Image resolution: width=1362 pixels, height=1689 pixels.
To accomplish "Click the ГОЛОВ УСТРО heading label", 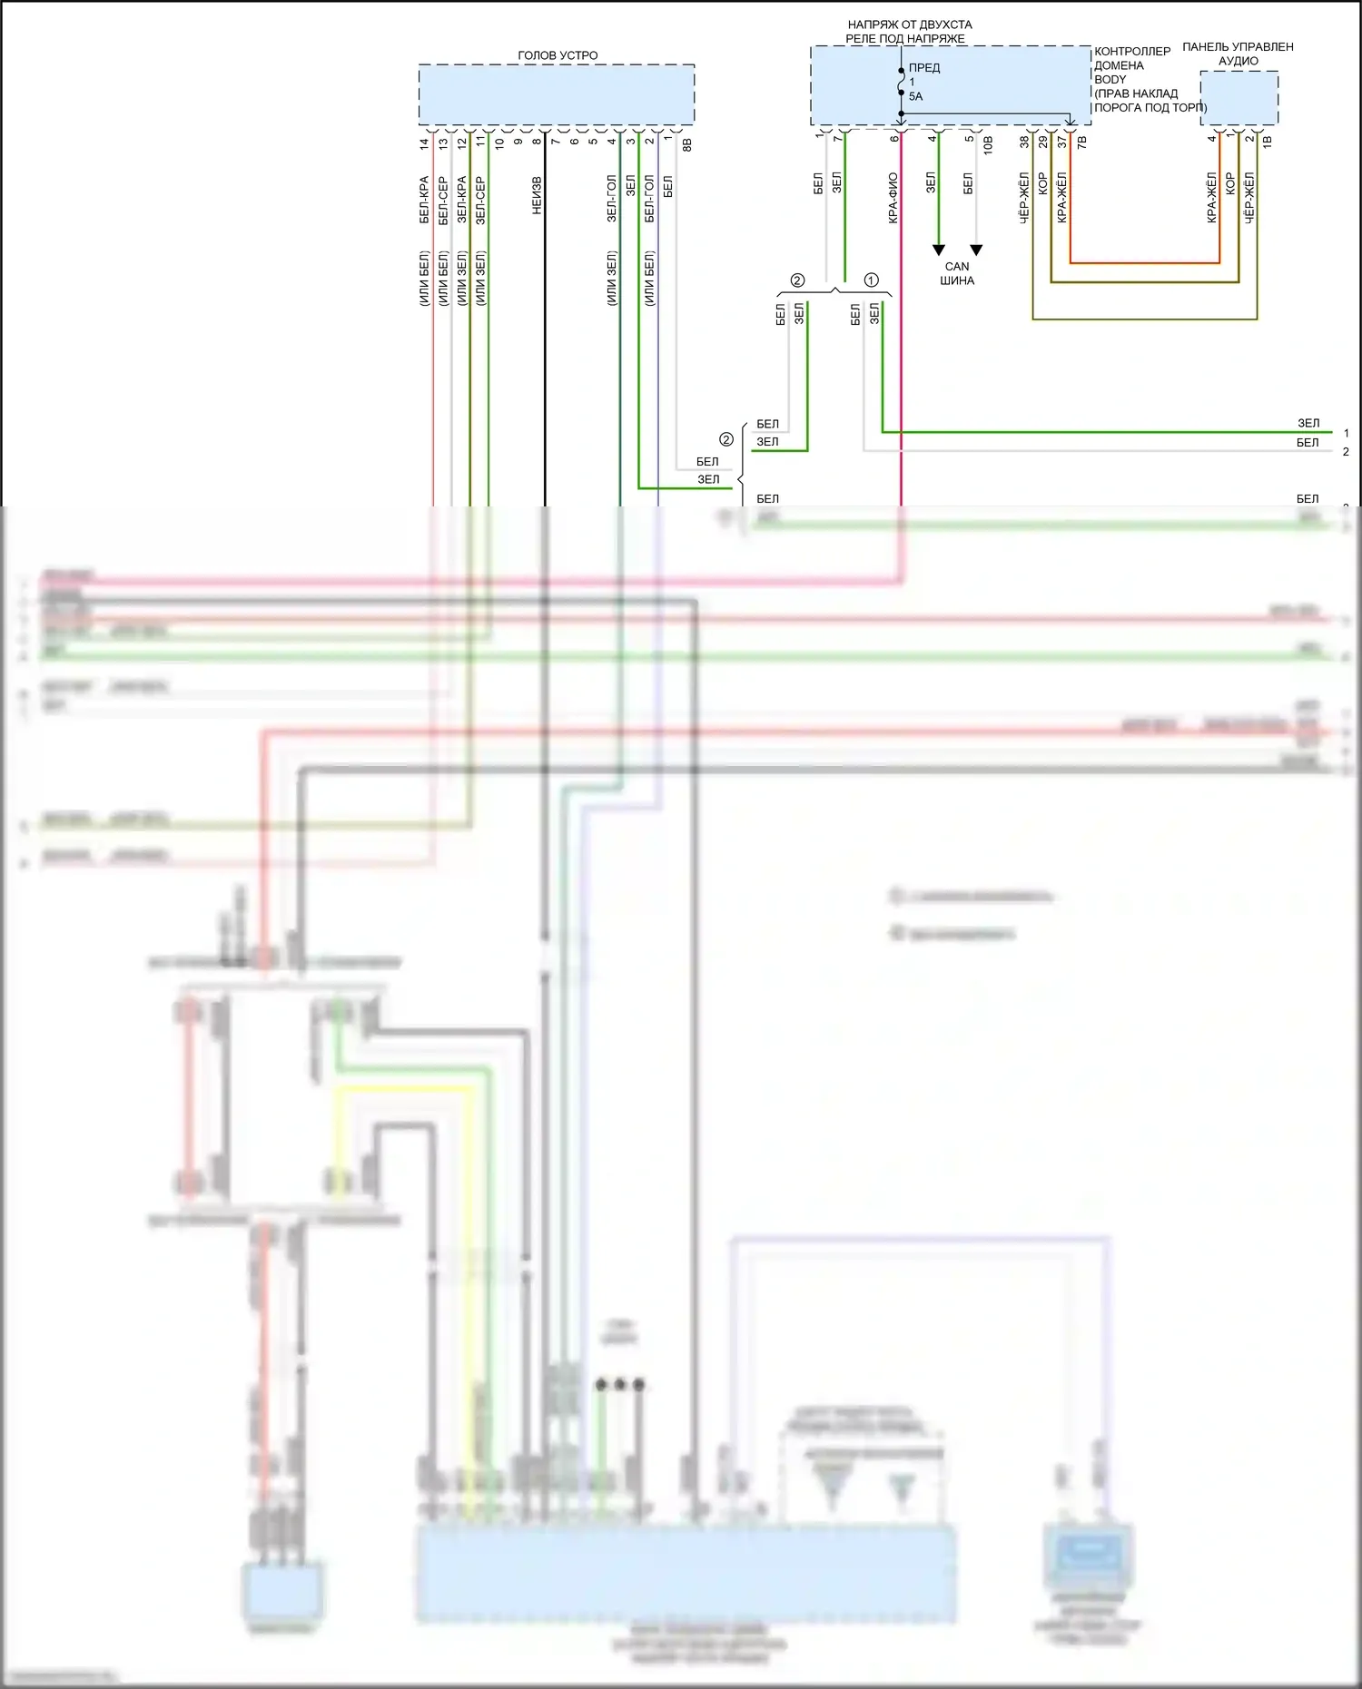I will point(558,55).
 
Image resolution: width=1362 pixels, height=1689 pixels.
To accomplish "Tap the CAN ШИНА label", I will point(957,273).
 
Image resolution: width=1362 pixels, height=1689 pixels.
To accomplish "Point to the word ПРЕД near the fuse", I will point(924,68).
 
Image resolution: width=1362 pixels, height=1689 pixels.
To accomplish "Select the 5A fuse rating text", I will point(915,96).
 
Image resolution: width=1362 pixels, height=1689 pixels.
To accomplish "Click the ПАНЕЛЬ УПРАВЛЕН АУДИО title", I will point(1238,54).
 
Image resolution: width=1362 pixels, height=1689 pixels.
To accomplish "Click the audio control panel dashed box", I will point(1239,98).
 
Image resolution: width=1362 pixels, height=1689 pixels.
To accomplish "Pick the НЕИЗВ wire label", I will point(537,195).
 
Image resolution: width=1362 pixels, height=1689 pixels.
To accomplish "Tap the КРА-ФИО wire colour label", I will point(893,198).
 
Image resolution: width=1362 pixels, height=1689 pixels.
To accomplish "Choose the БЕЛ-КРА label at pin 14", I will point(424,200).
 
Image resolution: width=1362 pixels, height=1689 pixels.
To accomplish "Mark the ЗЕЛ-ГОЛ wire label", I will point(612,198).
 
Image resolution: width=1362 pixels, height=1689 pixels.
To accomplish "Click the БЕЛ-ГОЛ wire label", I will point(649,198).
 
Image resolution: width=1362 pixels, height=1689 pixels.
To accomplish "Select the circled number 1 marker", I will point(872,280).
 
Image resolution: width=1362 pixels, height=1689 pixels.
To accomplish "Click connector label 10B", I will point(988,143).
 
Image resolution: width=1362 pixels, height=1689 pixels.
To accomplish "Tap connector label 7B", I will point(1081,142).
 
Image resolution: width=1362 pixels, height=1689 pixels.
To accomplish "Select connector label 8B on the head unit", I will point(687,143).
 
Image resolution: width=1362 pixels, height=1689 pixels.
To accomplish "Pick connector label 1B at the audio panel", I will point(1268,141).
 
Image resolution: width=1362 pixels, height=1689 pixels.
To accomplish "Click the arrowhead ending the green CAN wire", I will point(939,250).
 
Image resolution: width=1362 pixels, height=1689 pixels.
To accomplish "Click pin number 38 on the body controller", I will point(1024,142).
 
